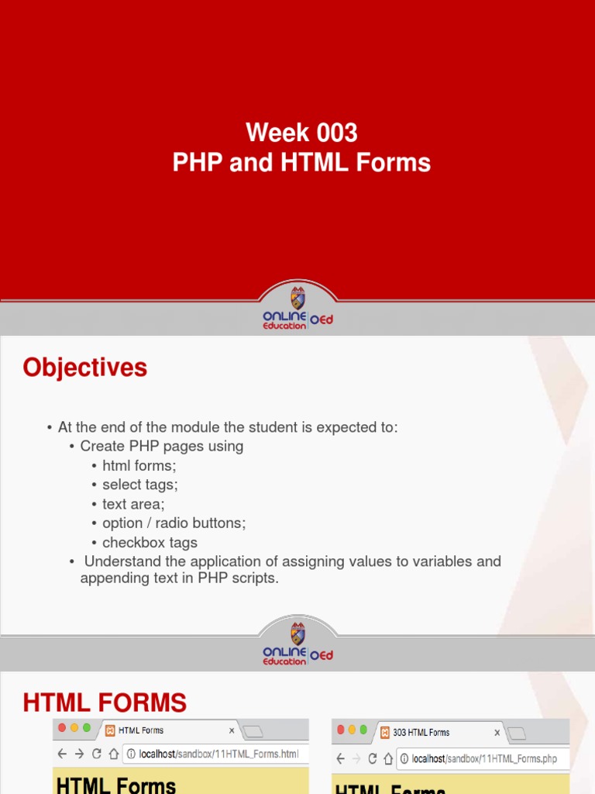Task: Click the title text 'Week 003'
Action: click(x=301, y=133)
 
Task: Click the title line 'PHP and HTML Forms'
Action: click(x=301, y=163)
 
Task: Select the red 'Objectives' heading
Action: click(x=85, y=368)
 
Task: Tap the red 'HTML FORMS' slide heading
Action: click(x=105, y=703)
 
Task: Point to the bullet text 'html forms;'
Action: click(x=139, y=465)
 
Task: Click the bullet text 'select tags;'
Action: click(x=140, y=485)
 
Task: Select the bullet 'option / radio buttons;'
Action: click(x=174, y=523)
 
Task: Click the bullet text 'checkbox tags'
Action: click(x=150, y=543)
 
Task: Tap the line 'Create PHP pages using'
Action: click(x=162, y=446)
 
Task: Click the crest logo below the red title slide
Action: click(x=297, y=299)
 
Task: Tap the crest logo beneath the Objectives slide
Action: click(x=297, y=633)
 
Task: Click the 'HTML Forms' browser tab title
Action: click(x=141, y=730)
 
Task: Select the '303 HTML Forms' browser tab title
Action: click(x=421, y=733)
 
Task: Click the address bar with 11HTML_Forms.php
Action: click(x=483, y=759)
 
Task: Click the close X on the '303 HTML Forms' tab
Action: click(x=497, y=733)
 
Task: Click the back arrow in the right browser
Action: click(x=341, y=759)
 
